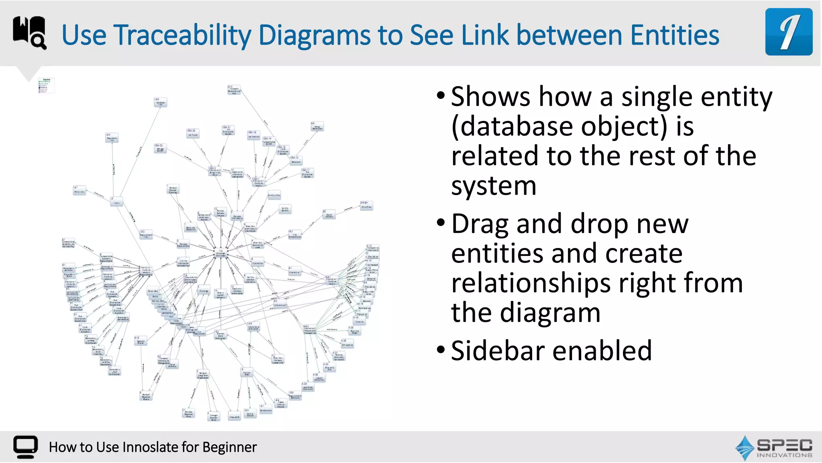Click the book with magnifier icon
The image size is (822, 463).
coord(29,33)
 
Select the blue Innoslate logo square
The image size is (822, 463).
coord(788,32)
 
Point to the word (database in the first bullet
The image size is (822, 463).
coord(513,127)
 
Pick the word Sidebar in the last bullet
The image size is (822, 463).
coord(498,351)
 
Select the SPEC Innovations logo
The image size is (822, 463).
coord(773,448)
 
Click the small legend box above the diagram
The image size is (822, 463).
coord(46,85)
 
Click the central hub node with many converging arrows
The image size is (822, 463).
coord(220,253)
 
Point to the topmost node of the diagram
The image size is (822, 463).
coord(234,90)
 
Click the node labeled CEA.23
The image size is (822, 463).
coord(192,133)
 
